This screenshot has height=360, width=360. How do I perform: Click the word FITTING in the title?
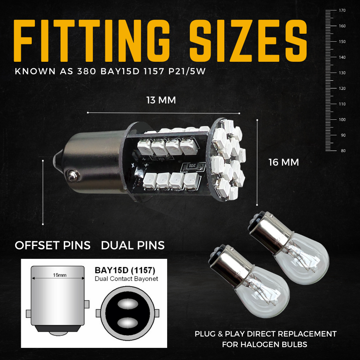(x=92, y=41)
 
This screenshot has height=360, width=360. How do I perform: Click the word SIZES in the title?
(x=248, y=41)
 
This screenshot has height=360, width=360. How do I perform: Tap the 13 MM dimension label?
(x=161, y=100)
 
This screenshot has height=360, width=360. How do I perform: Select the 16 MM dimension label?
(x=284, y=162)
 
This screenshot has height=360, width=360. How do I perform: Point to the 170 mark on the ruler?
(x=342, y=10)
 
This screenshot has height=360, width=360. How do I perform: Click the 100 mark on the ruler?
(x=342, y=120)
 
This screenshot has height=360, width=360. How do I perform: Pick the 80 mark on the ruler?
(x=343, y=151)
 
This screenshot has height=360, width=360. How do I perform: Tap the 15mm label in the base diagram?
(x=60, y=275)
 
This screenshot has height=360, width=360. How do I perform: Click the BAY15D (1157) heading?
(x=125, y=270)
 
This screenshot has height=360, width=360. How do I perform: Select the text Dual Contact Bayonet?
(x=127, y=279)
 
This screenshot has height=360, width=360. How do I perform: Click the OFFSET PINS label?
(x=53, y=245)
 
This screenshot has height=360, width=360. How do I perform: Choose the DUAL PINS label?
(x=133, y=245)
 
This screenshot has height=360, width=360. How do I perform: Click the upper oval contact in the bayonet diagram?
(x=128, y=304)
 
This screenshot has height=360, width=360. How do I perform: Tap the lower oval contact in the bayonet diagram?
(x=128, y=323)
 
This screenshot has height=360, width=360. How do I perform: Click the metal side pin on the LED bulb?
(x=74, y=175)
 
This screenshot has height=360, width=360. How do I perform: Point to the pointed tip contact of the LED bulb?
(x=57, y=158)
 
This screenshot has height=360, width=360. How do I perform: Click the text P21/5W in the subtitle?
(x=187, y=71)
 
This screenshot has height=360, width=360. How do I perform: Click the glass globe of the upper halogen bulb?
(x=303, y=260)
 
